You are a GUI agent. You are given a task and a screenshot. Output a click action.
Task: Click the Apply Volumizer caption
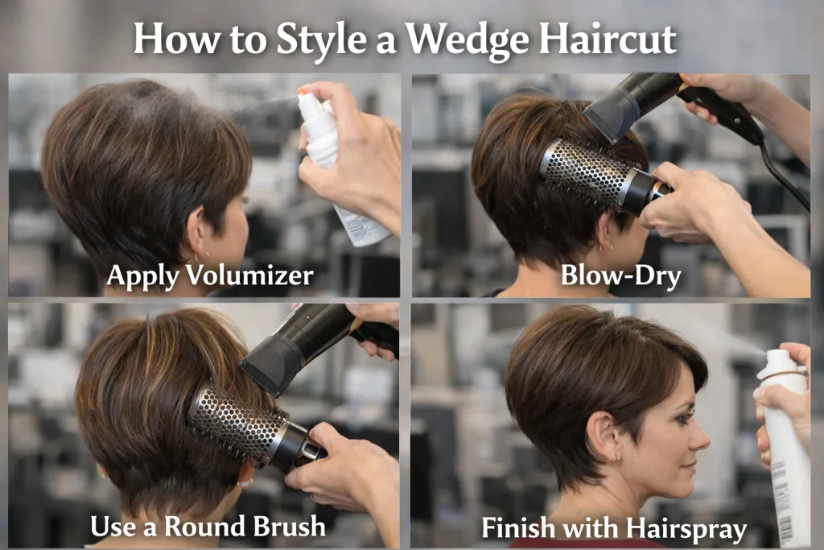[209, 275]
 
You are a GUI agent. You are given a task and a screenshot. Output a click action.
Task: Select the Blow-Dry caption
[620, 275]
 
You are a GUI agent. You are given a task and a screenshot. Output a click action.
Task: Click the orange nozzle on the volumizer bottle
[304, 91]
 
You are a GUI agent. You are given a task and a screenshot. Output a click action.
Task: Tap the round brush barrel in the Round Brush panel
[238, 423]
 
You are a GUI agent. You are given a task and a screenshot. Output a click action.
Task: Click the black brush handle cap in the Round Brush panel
[297, 448]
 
